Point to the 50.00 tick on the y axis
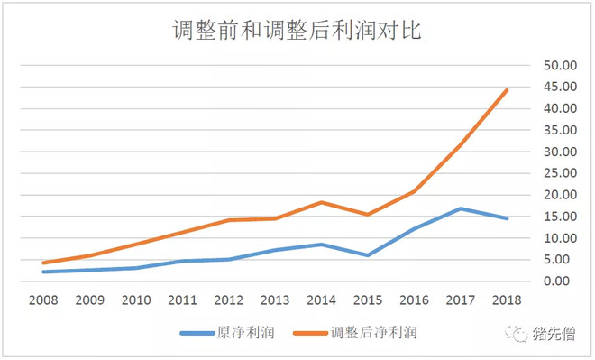click(558, 66)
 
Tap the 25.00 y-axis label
click(558, 173)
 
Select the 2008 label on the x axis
click(42, 300)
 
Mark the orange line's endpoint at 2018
click(508, 90)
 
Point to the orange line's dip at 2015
click(369, 215)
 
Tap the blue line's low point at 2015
click(369, 255)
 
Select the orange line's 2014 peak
click(322, 202)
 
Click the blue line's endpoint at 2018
click(508, 218)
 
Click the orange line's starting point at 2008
click(42, 263)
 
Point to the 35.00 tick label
click(558, 130)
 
